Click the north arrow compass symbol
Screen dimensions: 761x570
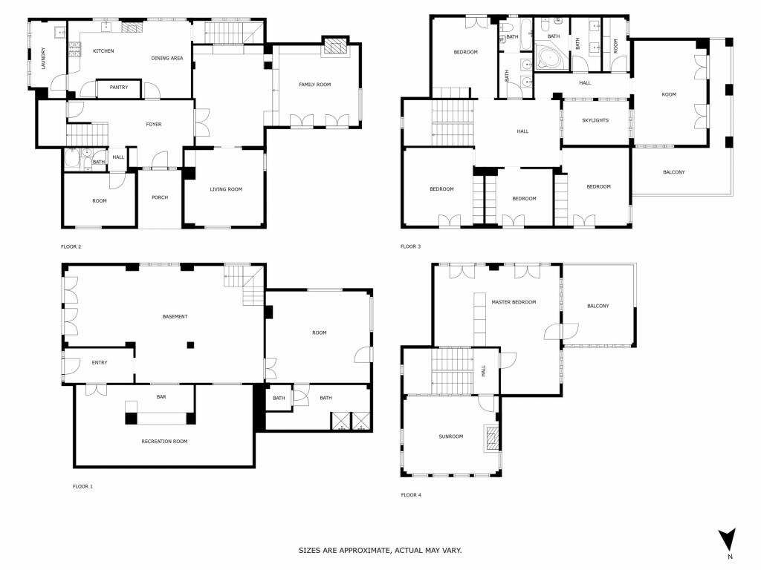pos(727,540)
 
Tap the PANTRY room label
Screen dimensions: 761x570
pos(119,88)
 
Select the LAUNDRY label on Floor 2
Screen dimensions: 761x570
pos(44,58)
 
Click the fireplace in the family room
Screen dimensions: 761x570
pos(334,47)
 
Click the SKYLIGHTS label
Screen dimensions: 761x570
pos(595,120)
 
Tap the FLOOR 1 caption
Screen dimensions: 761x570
pos(82,486)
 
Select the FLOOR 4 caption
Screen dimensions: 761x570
pos(411,495)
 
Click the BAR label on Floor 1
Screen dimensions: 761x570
pos(161,397)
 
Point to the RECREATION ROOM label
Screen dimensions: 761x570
pos(164,442)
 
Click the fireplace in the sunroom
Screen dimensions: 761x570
pos(493,438)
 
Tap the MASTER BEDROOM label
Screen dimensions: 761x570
pos(514,302)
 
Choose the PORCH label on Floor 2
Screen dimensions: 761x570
pos(160,197)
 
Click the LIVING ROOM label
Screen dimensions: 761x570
pos(226,189)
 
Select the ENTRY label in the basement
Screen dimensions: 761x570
pos(100,362)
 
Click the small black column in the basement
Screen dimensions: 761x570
pos(191,345)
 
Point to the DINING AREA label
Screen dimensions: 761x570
pos(167,58)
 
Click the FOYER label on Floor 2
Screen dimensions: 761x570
pos(154,125)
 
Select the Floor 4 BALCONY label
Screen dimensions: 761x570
pos(598,306)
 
